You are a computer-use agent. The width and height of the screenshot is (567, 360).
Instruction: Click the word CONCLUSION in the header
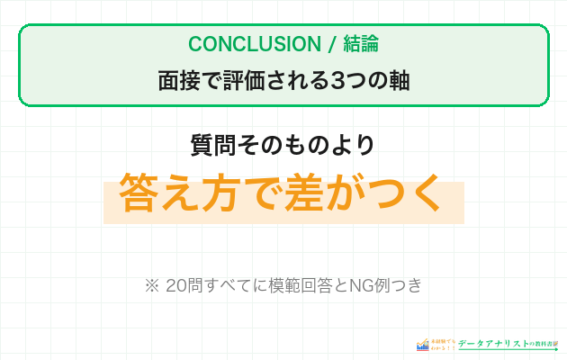coord(241,44)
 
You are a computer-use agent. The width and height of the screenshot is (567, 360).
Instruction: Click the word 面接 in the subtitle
coord(178,80)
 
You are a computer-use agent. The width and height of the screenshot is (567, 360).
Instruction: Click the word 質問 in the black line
coord(208,144)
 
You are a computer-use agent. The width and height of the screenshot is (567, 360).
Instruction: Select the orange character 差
coord(306,191)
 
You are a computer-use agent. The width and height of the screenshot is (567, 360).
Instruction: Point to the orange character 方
coord(224,191)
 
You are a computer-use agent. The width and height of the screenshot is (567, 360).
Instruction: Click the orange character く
coord(424,191)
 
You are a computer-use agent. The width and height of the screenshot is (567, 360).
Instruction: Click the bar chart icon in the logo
coord(422,344)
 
